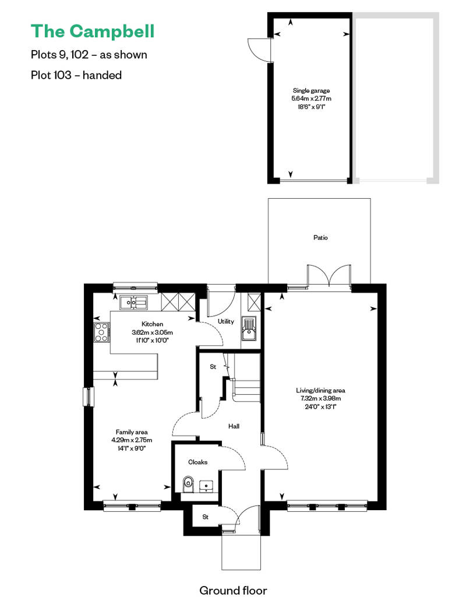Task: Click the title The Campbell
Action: [x=93, y=31]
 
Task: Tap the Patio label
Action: [x=320, y=238]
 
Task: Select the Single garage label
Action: [x=311, y=90]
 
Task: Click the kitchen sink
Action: [x=133, y=303]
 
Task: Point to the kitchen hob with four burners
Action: [x=101, y=332]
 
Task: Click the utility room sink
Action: [x=249, y=328]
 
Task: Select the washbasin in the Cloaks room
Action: [x=208, y=486]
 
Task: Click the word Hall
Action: [x=234, y=426]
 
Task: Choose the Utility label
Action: [x=226, y=321]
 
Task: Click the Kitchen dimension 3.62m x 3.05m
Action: [x=153, y=332]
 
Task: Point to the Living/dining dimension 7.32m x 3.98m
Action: [x=320, y=398]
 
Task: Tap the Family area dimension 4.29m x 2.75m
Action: [x=132, y=440]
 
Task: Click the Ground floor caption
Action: [x=233, y=591]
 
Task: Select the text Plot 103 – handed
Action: [x=76, y=75]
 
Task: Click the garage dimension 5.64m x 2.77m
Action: [x=311, y=99]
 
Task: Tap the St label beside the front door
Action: [x=206, y=517]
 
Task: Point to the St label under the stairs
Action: [x=213, y=367]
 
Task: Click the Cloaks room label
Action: [x=198, y=462]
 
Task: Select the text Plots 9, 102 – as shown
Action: [x=89, y=54]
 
